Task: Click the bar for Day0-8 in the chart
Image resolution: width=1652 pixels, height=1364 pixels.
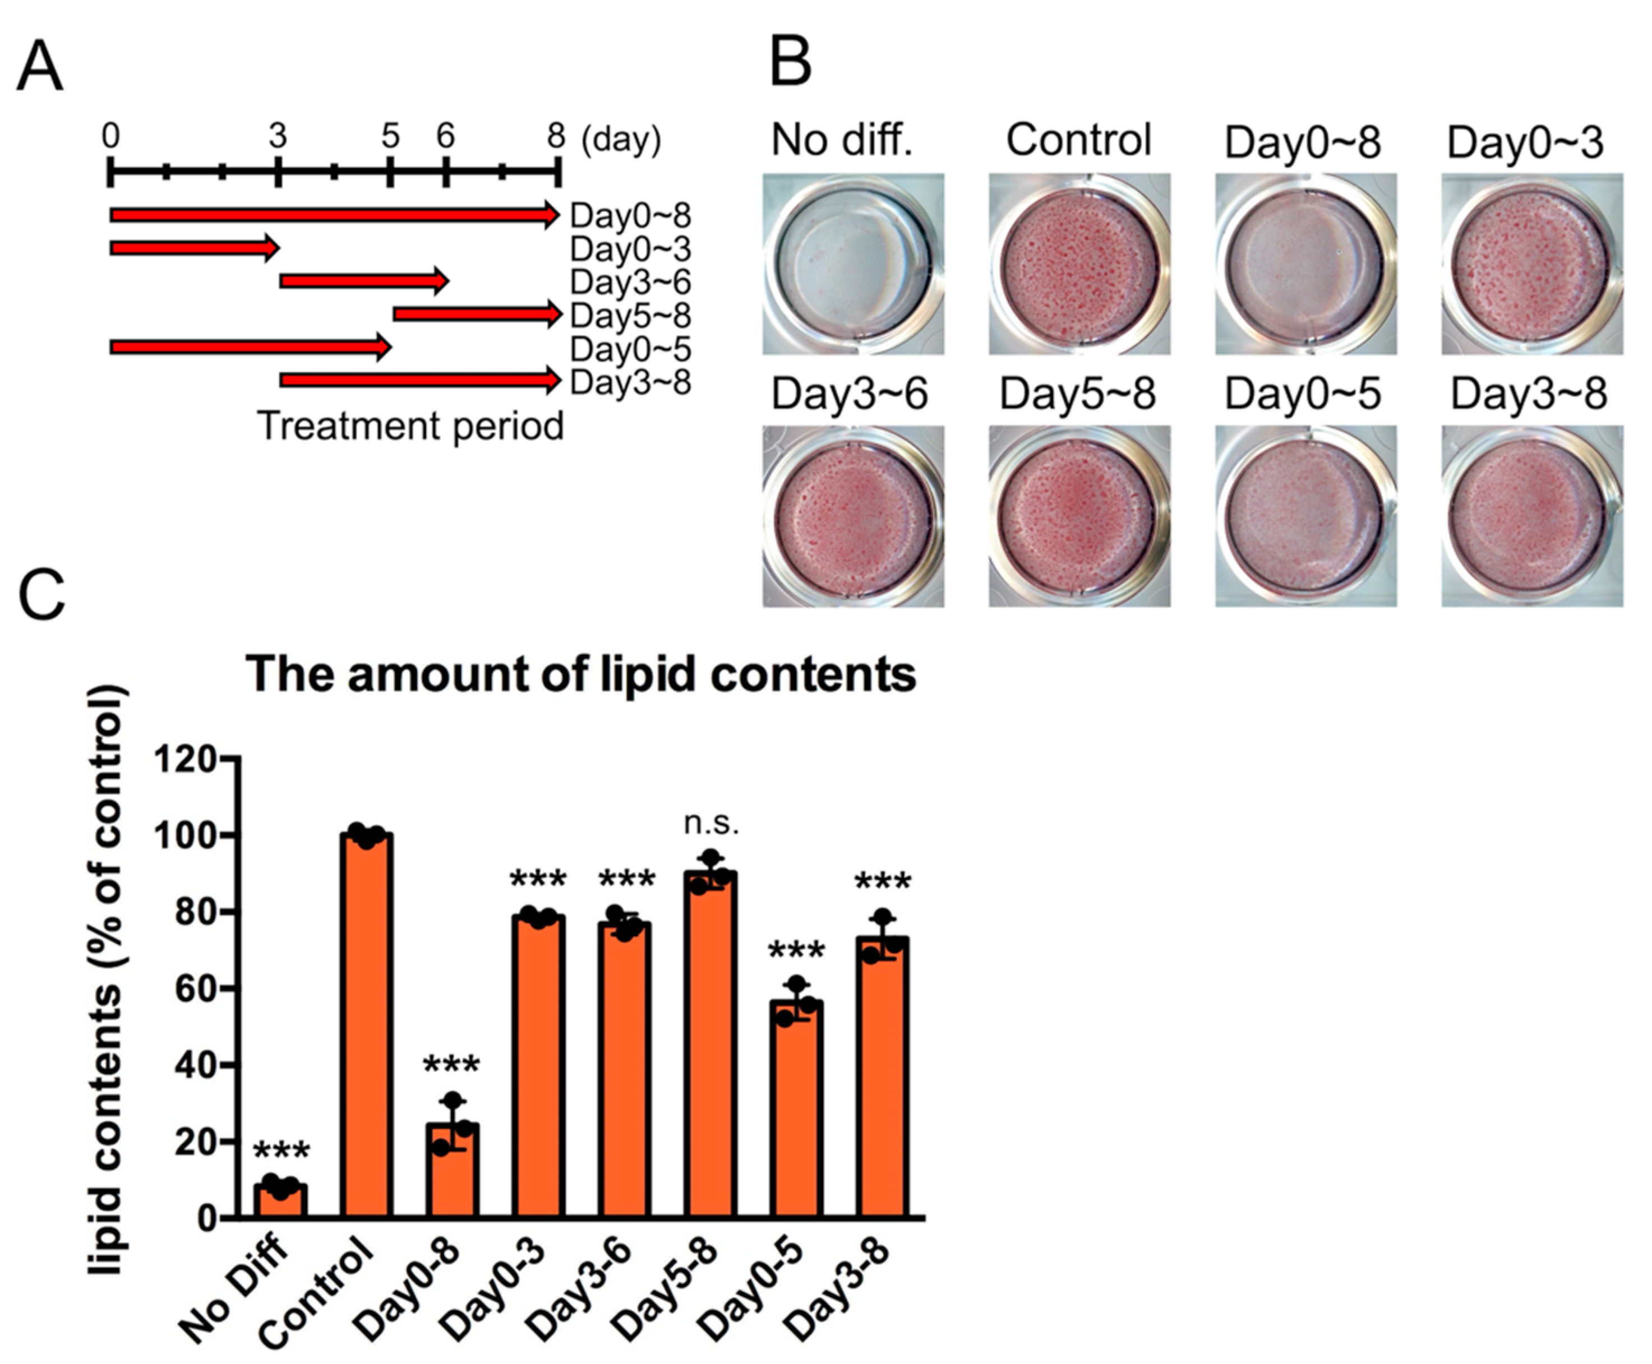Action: (x=452, y=1171)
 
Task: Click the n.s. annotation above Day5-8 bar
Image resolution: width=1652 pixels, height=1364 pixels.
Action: (x=711, y=824)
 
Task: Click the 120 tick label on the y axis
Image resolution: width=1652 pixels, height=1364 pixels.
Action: (x=184, y=759)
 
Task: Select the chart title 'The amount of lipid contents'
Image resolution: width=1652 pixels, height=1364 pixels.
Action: (x=581, y=674)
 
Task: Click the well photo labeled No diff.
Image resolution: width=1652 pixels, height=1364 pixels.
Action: (x=853, y=264)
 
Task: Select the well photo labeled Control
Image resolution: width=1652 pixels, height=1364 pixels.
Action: (x=1079, y=264)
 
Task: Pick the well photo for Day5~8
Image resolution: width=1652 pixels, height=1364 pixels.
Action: (x=1079, y=516)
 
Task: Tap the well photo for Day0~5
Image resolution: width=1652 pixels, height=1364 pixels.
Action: (x=1305, y=516)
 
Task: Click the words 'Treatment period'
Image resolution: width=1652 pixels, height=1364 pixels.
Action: (x=410, y=426)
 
